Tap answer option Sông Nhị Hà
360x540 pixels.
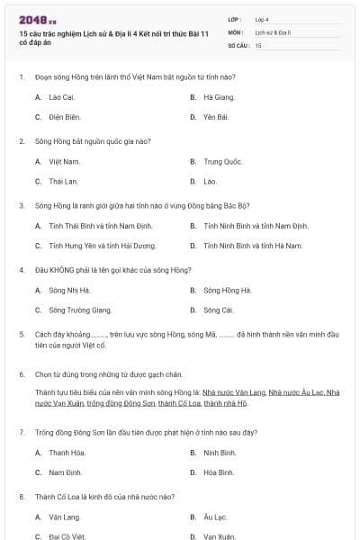coord(69,290)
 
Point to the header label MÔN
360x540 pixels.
coord(236,31)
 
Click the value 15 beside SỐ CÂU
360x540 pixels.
coord(258,44)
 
